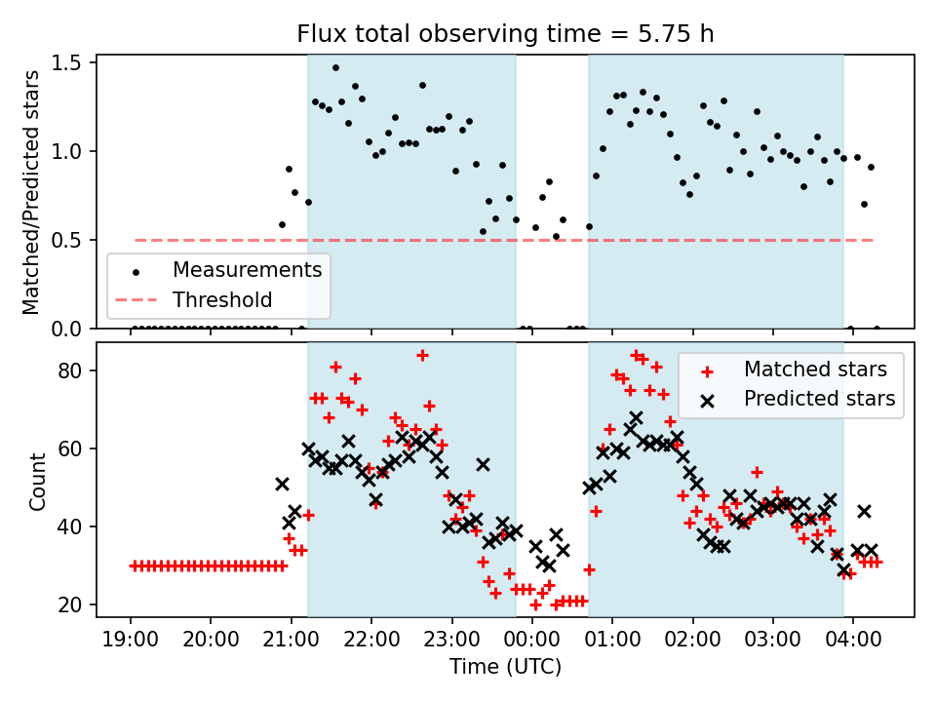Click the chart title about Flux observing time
pos(505,34)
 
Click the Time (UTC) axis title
pos(505,668)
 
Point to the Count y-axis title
pos(38,481)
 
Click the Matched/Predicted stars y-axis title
pos(31,192)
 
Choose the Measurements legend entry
pos(247,269)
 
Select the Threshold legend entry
pos(222,299)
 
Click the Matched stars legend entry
pos(815,370)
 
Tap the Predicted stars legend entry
pos(819,399)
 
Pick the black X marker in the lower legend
pos(707,399)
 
